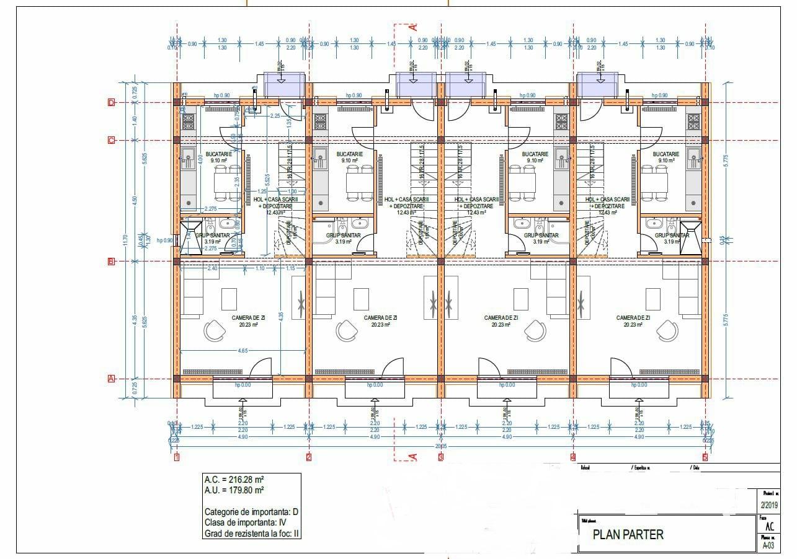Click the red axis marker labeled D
(112, 103)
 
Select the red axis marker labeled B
(112, 262)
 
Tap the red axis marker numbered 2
(309, 458)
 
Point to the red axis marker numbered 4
(572, 458)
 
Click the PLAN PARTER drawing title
(628, 534)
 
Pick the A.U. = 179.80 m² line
(234, 490)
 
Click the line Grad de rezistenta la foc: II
(252, 532)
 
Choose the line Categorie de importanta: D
(251, 512)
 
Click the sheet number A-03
(768, 546)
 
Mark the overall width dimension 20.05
(441, 446)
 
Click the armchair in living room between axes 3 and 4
(535, 332)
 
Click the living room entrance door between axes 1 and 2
(259, 369)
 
